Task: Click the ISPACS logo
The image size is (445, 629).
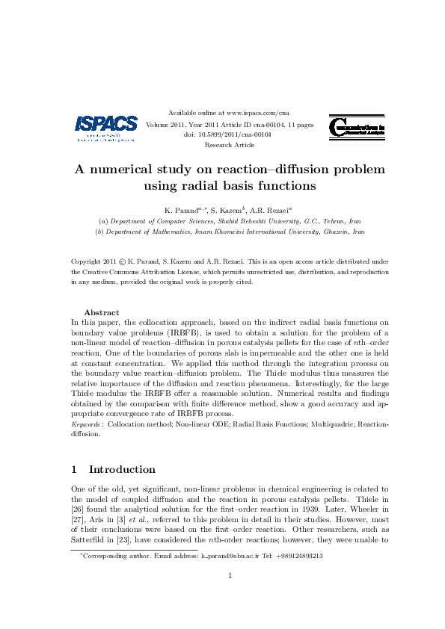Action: pyautogui.click(x=106, y=128)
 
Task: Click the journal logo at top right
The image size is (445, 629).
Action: pyautogui.click(x=357, y=128)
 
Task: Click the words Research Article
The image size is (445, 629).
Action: pyautogui.click(x=230, y=145)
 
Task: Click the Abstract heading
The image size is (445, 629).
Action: pyautogui.click(x=101, y=312)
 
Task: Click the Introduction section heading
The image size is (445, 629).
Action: pyautogui.click(x=122, y=470)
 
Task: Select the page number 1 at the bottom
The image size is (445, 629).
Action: pyautogui.click(x=230, y=575)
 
